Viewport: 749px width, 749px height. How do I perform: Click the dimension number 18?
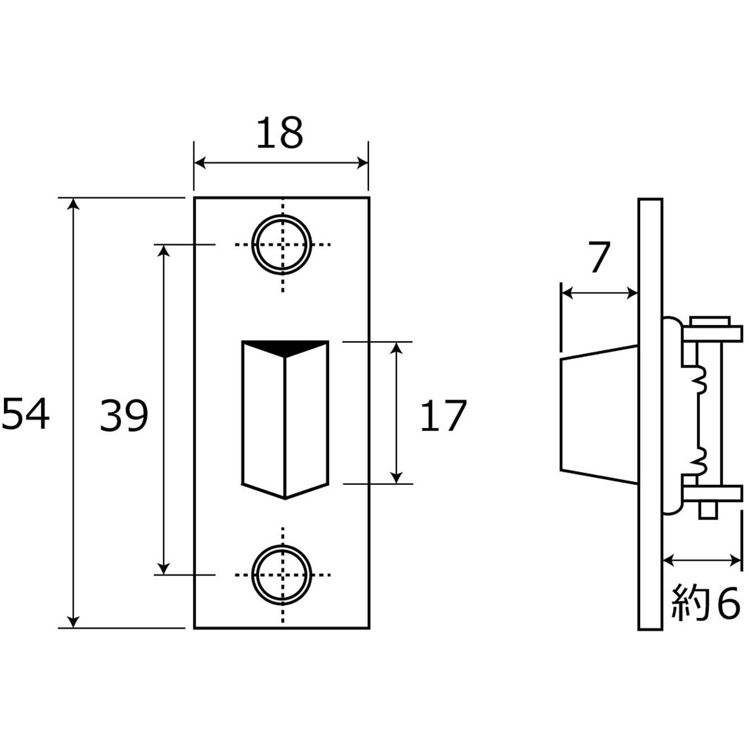[x=279, y=132]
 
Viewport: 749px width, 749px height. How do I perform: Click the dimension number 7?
[x=599, y=257]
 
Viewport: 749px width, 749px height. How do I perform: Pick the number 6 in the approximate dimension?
[x=728, y=606]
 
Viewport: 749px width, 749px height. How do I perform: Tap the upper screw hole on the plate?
[x=282, y=244]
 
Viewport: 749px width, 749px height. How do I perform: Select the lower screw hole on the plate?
[x=282, y=575]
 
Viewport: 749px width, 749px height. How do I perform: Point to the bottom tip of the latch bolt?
[x=285, y=499]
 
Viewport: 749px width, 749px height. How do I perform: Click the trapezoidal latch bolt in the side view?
[x=599, y=414]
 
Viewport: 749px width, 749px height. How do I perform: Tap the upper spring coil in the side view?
[x=699, y=383]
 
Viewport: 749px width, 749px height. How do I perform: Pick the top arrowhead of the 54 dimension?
[x=73, y=204]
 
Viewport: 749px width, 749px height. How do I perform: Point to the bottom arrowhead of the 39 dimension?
[x=164, y=568]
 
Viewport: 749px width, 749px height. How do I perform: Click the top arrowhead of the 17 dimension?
[x=396, y=348]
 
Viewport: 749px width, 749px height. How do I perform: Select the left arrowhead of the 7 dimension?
[x=567, y=293]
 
